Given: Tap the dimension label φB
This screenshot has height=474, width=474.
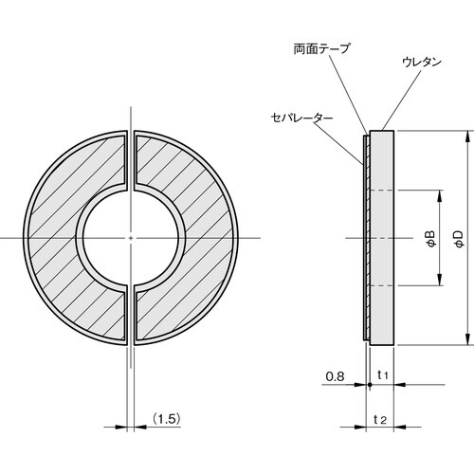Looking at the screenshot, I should tap(430, 238).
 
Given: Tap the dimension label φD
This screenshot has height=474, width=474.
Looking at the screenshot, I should tap(458, 238).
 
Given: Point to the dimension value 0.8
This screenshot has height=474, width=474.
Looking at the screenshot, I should tap(334, 376).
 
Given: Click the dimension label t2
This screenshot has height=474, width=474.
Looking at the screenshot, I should tap(380, 418).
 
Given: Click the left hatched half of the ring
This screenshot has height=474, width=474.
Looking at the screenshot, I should tap(66, 237).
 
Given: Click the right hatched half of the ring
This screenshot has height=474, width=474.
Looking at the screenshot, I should tap(194, 237).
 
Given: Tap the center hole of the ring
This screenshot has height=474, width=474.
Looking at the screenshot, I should tap(130, 237).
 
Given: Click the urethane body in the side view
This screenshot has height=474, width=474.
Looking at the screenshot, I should tap(381, 237).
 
